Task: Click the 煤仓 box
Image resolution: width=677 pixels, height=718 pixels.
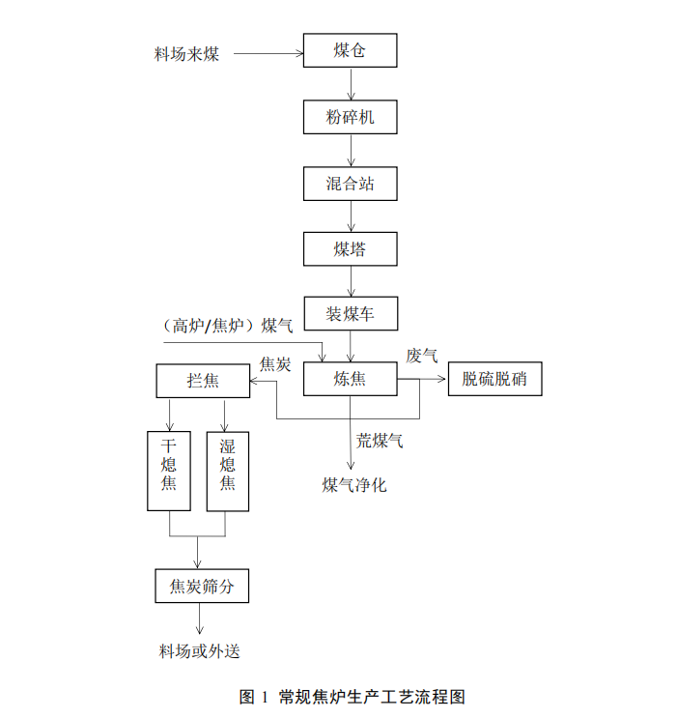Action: coord(350,50)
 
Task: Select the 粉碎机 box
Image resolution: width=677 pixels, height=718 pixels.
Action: coord(350,118)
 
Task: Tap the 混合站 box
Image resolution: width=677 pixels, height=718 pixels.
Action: coord(350,184)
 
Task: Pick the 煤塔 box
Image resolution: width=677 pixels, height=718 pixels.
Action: coord(350,249)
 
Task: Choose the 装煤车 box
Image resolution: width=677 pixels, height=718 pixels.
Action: coord(350,313)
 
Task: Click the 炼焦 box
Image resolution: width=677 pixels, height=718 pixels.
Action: coord(350,379)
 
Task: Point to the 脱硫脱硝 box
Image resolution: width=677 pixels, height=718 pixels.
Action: coord(494,379)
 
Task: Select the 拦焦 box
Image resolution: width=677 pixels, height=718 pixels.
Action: coord(202,380)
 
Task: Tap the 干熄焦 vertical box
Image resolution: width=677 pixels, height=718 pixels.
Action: coord(169,470)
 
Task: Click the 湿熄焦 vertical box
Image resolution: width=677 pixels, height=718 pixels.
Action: coord(228,470)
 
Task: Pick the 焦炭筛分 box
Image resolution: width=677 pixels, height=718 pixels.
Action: coord(202,586)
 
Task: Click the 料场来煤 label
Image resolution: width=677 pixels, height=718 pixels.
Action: coord(187,54)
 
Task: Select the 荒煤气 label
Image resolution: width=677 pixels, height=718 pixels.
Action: coord(380,441)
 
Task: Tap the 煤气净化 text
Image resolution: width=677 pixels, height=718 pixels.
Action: coord(354,484)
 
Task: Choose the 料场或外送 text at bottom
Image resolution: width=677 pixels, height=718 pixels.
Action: coord(199,650)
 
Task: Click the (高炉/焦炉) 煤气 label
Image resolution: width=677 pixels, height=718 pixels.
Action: coord(228,325)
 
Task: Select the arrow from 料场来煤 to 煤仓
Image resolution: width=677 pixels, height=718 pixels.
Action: coord(267,52)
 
